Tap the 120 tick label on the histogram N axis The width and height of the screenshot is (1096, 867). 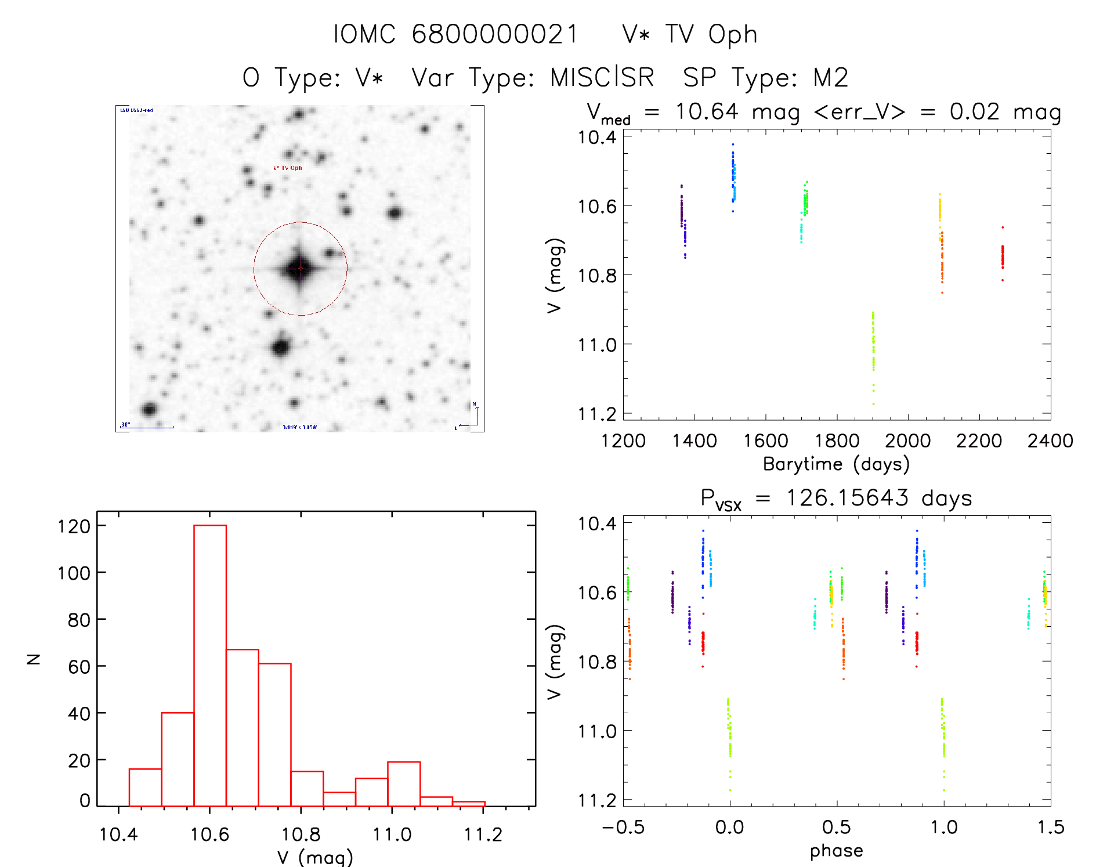pyautogui.click(x=74, y=526)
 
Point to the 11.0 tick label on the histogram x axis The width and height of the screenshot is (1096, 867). pyautogui.click(x=392, y=835)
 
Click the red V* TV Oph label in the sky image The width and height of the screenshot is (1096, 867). pyautogui.click(x=288, y=168)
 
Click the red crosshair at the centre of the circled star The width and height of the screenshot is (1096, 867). pyautogui.click(x=301, y=268)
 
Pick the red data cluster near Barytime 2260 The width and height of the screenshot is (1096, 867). pyautogui.click(x=1002, y=257)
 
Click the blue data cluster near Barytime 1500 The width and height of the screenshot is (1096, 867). pyautogui.click(x=733, y=174)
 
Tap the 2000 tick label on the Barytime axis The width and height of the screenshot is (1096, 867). pyautogui.click(x=907, y=441)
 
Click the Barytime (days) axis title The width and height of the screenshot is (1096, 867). pyautogui.click(x=836, y=464)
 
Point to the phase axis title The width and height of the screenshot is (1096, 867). pyautogui.click(x=836, y=851)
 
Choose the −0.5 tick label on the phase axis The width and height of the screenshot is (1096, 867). pyautogui.click(x=623, y=827)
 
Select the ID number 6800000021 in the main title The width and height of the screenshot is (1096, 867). pyautogui.click(x=495, y=34)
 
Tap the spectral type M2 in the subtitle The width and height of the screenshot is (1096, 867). pyautogui.click(x=831, y=77)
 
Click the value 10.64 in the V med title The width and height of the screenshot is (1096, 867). pyautogui.click(x=707, y=111)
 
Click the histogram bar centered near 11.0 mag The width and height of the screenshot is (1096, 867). pyautogui.click(x=404, y=784)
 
